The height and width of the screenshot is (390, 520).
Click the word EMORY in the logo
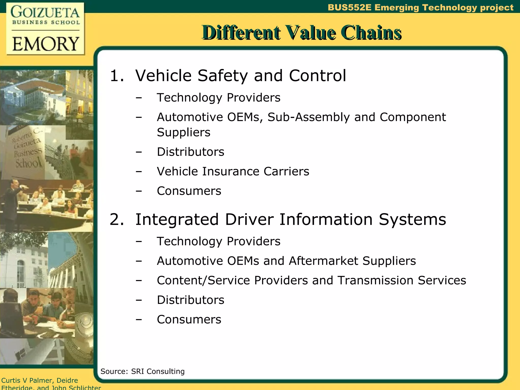[46, 44]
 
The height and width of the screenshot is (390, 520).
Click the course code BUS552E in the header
[349, 7]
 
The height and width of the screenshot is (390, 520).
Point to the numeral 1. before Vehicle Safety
[117, 76]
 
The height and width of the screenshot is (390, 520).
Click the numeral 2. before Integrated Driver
[117, 219]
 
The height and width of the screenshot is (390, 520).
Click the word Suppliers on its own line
[184, 132]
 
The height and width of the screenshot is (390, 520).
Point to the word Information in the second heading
[326, 219]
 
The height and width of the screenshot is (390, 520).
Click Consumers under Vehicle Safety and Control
[189, 191]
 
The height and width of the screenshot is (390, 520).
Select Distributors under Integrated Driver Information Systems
[190, 300]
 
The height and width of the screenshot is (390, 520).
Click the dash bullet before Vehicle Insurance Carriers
[139, 172]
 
